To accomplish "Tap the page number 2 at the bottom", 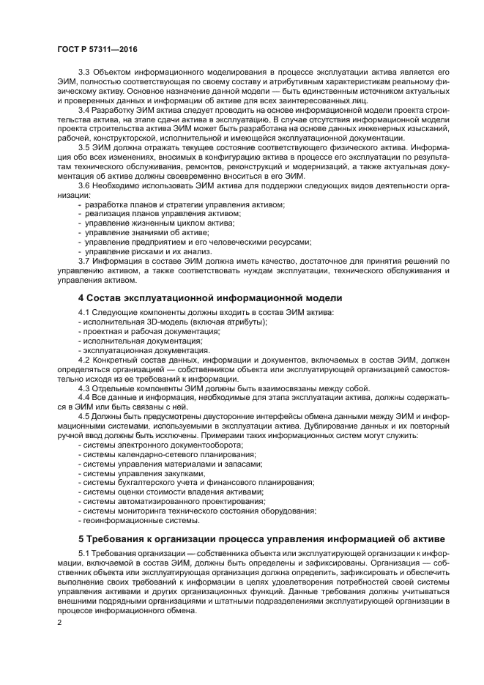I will pyautogui.click(x=59, y=622).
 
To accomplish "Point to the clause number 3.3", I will pyautogui.click(x=84, y=73).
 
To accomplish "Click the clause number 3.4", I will pyautogui.click(x=84, y=109).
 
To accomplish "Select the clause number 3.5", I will pyautogui.click(x=84, y=146).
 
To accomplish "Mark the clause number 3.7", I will pyautogui.click(x=84, y=261).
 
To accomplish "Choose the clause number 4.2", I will pyautogui.click(x=84, y=360).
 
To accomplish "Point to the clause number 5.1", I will pyautogui.click(x=84, y=554).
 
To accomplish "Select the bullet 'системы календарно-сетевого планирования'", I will pyautogui.click(x=165, y=454).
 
